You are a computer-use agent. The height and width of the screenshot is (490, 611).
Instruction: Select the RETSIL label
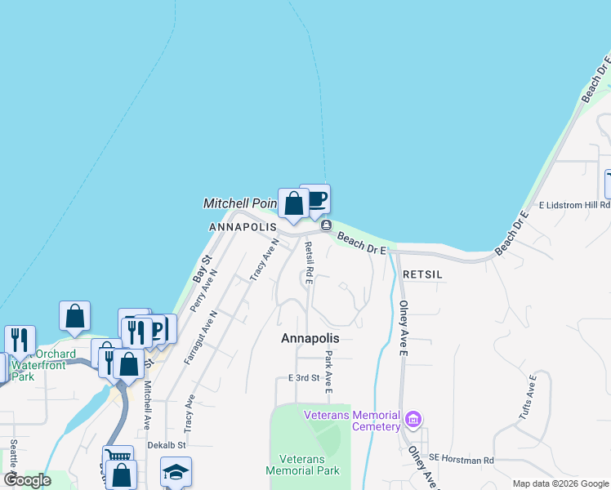(x=422, y=275)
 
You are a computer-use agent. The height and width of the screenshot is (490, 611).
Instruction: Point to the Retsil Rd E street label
(x=309, y=262)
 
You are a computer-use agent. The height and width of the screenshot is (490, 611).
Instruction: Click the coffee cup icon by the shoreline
(x=315, y=198)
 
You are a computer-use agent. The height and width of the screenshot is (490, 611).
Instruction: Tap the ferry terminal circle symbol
(x=326, y=225)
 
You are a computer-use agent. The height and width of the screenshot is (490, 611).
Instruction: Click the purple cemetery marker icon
(x=413, y=421)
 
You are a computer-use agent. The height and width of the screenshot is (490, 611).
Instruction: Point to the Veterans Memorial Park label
(x=302, y=465)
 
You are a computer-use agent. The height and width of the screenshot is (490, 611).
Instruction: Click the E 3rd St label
(x=303, y=378)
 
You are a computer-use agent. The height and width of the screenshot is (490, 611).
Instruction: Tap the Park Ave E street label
(x=328, y=372)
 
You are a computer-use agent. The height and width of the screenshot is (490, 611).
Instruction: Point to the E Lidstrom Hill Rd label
(x=574, y=205)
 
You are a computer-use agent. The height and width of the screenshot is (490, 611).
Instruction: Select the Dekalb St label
(x=167, y=445)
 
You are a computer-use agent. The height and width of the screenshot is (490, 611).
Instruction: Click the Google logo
(x=28, y=480)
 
